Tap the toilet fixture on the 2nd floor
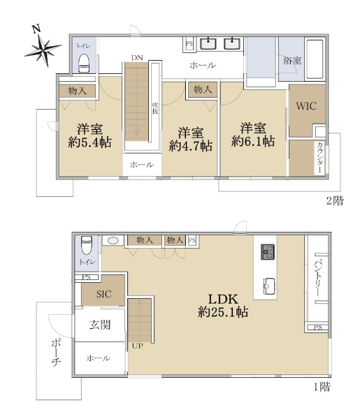click(x=84, y=63)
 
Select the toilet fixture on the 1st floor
click(x=87, y=245)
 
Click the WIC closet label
click(x=306, y=106)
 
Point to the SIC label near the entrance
click(x=103, y=294)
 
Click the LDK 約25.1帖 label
click(x=223, y=305)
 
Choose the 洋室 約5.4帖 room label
click(x=90, y=135)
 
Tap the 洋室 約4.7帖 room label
click(x=191, y=140)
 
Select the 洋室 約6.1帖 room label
click(x=253, y=135)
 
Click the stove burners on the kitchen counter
click(x=268, y=251)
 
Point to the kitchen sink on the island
click(x=269, y=286)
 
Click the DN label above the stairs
click(x=137, y=58)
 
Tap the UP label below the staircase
click(x=138, y=346)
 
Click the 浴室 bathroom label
click(x=292, y=61)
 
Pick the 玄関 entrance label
click(x=100, y=325)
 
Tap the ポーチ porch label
click(x=57, y=353)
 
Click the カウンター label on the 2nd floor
click(x=319, y=158)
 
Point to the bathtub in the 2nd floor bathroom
click(x=315, y=59)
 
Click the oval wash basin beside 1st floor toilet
click(x=113, y=240)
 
